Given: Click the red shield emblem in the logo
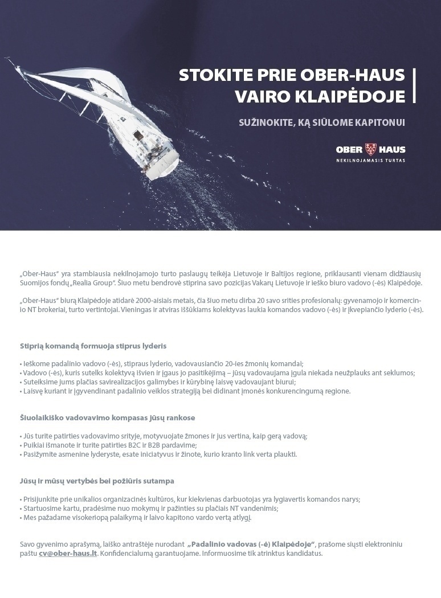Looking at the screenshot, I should coord(370,150).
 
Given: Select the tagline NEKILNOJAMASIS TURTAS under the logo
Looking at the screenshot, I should coord(370,161).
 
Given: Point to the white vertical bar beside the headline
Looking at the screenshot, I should coord(414,85).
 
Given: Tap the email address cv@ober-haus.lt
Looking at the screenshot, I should coord(68,553).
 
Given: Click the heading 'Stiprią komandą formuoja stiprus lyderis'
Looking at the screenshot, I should coord(93,346).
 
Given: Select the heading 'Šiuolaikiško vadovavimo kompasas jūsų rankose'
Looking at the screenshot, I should coord(107,417).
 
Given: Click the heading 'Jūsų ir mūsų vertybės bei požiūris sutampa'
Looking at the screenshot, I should coord(97,481).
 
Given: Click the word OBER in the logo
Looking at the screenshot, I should coord(349,150).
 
